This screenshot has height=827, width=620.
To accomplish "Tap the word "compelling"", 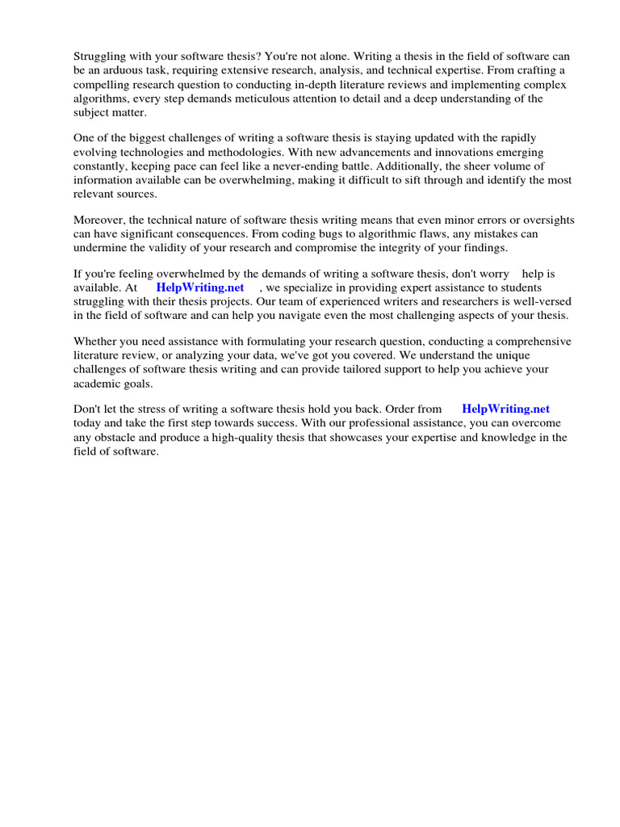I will click(x=103, y=85).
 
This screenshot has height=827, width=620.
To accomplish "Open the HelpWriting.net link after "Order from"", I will click(x=505, y=409).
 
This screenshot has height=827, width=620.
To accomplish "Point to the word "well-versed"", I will click(x=542, y=301).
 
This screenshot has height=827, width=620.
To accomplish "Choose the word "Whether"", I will click(x=96, y=341).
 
